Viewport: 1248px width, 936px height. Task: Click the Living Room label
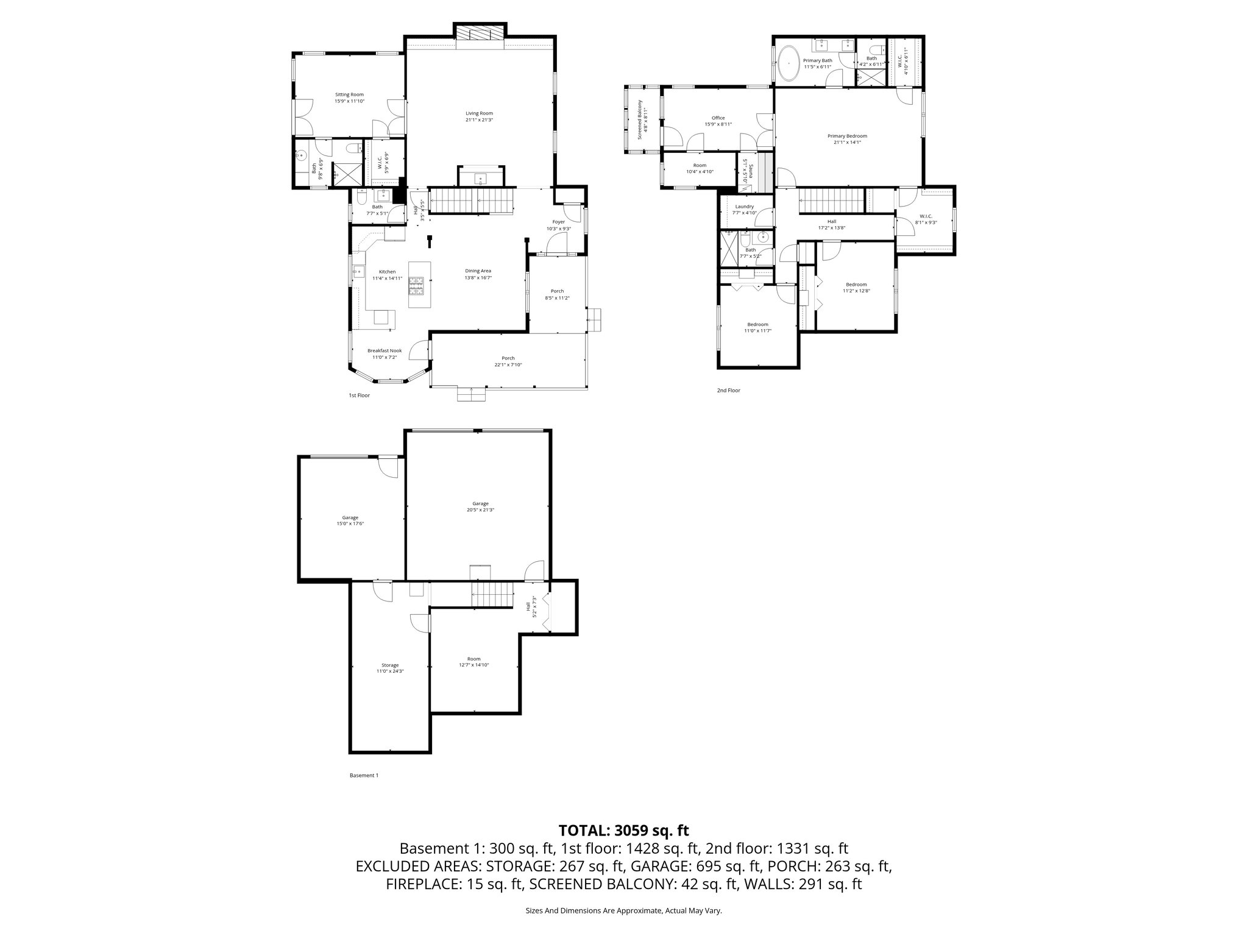pos(479,113)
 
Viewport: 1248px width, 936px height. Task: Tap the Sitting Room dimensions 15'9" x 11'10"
pos(349,101)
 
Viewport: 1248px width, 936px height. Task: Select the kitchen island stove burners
pos(417,286)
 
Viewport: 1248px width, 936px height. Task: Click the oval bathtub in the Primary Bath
pos(789,63)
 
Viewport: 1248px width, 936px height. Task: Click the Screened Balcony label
pos(640,120)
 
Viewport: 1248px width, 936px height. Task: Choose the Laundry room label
pos(744,207)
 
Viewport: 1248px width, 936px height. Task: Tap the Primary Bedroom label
pos(847,136)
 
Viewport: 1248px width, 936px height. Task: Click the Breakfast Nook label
pos(385,350)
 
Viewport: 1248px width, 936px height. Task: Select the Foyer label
pos(558,222)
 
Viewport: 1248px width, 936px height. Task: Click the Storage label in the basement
pos(390,665)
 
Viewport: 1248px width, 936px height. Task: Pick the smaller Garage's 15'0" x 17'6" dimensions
pos(350,523)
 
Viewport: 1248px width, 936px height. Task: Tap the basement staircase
pos(492,594)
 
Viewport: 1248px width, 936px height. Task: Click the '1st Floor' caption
pos(359,395)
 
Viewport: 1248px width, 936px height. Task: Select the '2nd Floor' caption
pos(728,390)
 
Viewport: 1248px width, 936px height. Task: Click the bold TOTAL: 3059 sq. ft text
pos(623,830)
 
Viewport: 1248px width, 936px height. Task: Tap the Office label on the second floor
pos(718,118)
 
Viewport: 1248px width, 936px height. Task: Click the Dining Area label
pos(478,271)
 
